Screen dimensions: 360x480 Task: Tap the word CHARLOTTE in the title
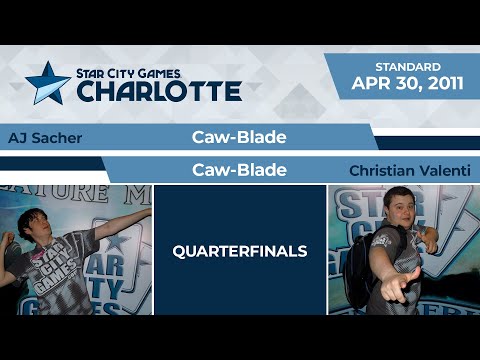159,91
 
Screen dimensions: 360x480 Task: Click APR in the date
369,85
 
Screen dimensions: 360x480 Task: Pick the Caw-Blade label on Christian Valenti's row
239,171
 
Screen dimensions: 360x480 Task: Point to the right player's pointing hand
409,292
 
